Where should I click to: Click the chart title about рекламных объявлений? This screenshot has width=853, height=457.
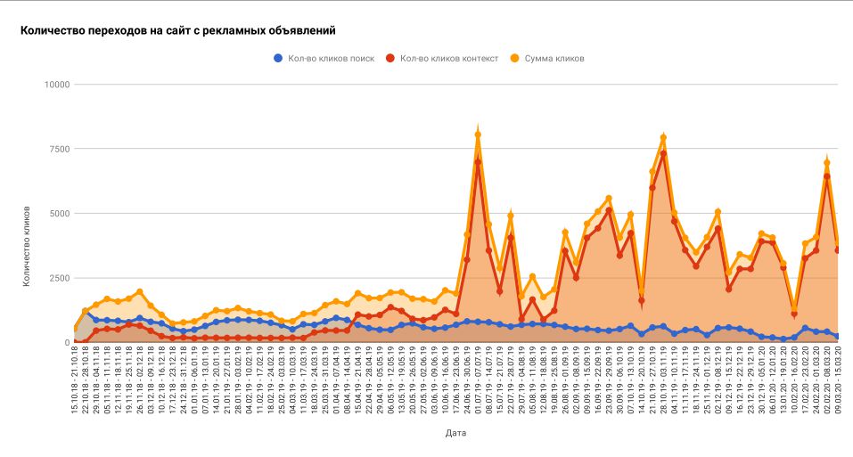click(x=177, y=30)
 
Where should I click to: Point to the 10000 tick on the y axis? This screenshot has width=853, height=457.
click(x=58, y=85)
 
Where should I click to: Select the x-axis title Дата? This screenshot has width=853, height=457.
click(x=455, y=433)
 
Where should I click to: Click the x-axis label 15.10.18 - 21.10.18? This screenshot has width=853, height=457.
click(x=76, y=384)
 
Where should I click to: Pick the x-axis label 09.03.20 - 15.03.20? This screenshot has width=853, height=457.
click(x=838, y=384)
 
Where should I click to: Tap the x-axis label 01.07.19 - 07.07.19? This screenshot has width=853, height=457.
click(x=479, y=384)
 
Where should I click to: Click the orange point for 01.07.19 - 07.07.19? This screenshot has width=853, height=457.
click(x=478, y=135)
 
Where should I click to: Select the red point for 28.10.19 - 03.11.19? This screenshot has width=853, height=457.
click(x=663, y=153)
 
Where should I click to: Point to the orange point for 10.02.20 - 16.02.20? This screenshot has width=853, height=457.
click(x=794, y=307)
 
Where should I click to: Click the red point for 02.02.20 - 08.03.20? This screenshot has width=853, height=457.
click(x=826, y=176)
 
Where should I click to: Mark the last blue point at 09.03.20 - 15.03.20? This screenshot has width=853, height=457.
click(x=838, y=337)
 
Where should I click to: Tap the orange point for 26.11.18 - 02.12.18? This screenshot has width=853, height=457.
click(x=140, y=291)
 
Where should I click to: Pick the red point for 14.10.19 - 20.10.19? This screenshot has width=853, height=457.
click(x=642, y=300)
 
